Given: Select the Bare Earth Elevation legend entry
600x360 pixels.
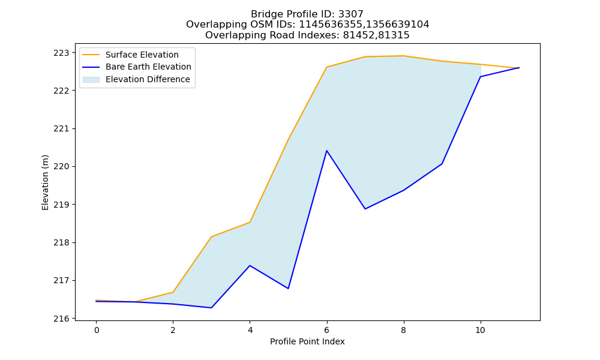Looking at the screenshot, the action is click(137, 67).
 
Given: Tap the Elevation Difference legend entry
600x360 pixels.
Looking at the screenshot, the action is click(136, 80).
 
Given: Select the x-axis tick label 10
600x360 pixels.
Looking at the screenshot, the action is click(480, 330).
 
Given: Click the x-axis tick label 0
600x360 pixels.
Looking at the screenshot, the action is click(97, 330).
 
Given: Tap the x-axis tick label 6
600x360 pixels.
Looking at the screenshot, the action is click(327, 330).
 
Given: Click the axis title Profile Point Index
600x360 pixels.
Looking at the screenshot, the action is click(307, 341).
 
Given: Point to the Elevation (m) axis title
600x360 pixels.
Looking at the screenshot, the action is click(45, 182).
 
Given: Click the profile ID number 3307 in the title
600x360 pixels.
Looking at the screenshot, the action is click(351, 14).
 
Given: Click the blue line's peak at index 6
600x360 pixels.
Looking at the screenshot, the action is click(327, 151).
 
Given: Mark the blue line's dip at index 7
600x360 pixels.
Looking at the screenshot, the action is click(365, 209).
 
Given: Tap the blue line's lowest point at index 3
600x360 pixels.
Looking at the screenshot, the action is click(211, 308).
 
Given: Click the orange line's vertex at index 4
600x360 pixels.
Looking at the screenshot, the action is click(250, 222).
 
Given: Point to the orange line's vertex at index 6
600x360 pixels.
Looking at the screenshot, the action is click(327, 67).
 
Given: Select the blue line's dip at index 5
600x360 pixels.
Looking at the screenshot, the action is click(288, 289).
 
